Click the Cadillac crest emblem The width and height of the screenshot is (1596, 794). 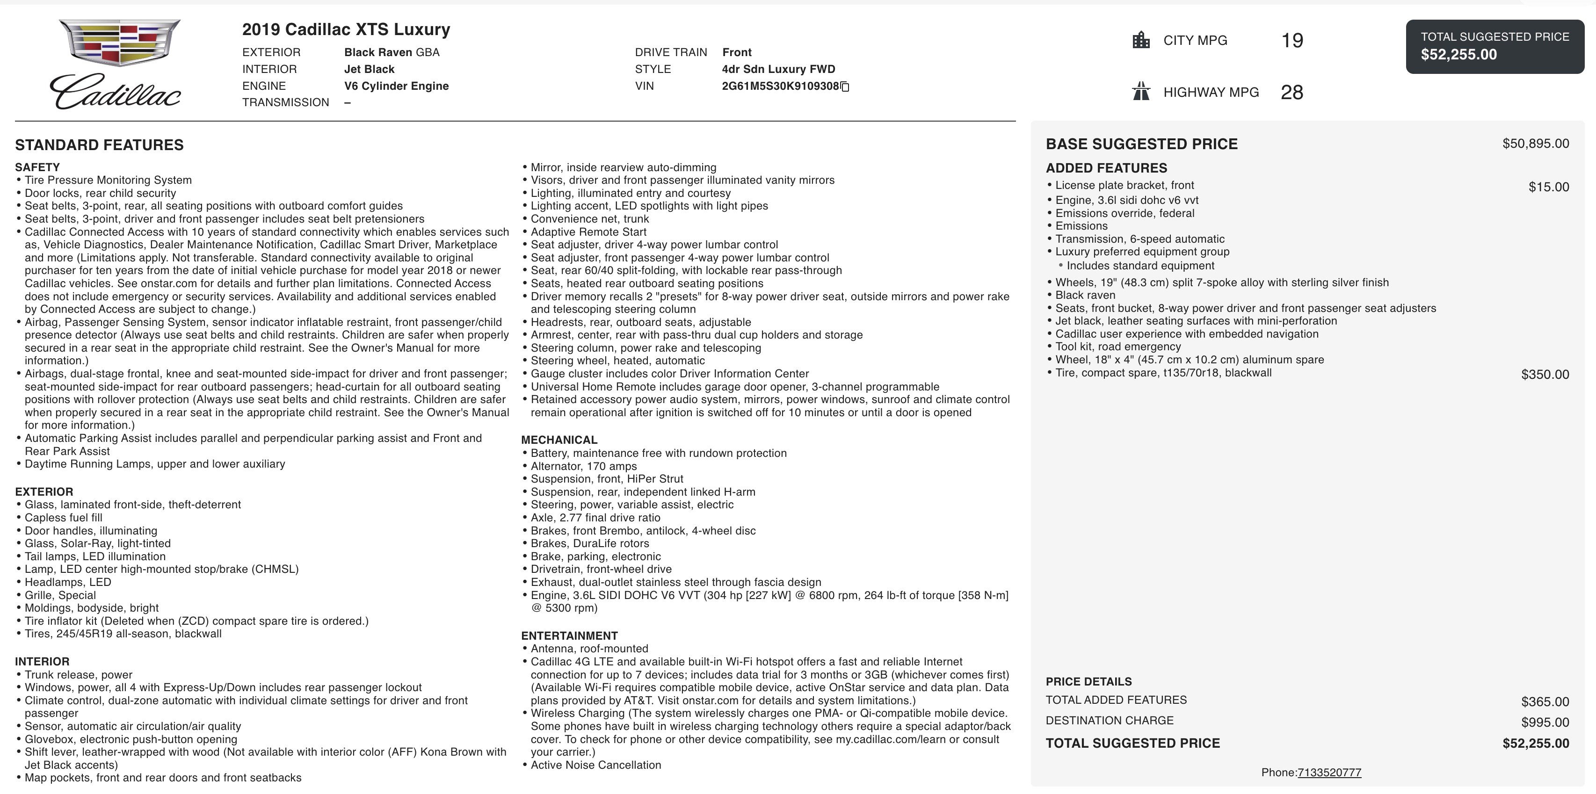click(x=120, y=42)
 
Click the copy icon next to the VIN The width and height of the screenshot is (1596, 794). click(x=844, y=87)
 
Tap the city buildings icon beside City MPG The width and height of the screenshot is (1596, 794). click(x=1140, y=40)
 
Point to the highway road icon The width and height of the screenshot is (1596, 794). click(x=1140, y=92)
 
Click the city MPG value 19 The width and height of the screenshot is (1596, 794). click(x=1292, y=41)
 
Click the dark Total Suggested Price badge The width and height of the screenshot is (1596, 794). click(x=1494, y=46)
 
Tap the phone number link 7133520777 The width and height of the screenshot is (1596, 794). click(x=1329, y=772)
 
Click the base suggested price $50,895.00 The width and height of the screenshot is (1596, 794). click(x=1535, y=144)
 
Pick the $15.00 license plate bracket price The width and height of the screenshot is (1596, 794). click(x=1548, y=187)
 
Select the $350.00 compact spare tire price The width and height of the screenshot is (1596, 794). click(x=1545, y=375)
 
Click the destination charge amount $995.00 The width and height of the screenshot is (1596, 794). click(x=1545, y=722)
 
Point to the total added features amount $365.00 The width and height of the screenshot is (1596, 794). click(x=1545, y=702)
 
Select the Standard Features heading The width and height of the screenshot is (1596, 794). click(x=99, y=145)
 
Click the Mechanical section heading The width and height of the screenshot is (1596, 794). click(x=559, y=440)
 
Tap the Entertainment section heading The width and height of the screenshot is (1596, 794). click(x=569, y=635)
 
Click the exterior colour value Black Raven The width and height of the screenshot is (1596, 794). click(x=378, y=52)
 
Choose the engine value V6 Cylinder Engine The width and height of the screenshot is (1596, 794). click(x=396, y=86)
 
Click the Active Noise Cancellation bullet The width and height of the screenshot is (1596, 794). click(x=595, y=765)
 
